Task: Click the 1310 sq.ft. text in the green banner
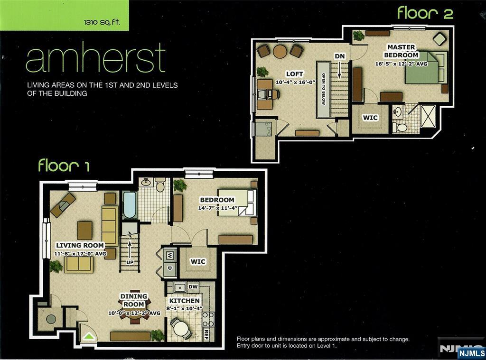coord(102,22)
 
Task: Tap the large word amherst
coord(96,58)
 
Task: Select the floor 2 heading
coord(425,13)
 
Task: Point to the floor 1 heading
coord(64,165)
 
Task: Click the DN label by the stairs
coord(340,56)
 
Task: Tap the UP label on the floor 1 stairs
coord(130,262)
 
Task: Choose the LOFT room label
coord(294,74)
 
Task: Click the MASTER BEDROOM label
coord(402,51)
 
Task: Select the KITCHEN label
coord(185,301)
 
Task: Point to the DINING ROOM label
coord(134,300)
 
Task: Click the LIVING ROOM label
coord(80,245)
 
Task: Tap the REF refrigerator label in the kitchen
coord(206,334)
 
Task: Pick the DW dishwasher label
coord(193,287)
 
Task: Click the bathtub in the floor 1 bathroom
coord(129,205)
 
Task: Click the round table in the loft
coord(280,51)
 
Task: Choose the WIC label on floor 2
coord(370,118)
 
